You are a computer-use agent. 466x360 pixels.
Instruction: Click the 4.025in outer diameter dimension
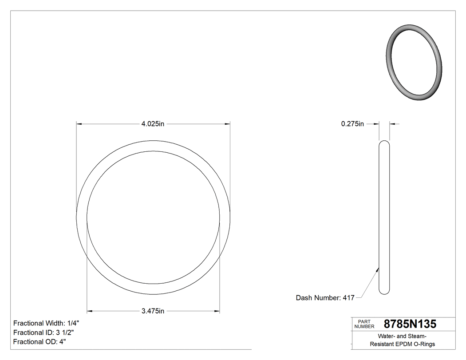(x=153, y=124)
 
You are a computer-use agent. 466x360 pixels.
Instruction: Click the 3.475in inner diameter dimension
(x=153, y=311)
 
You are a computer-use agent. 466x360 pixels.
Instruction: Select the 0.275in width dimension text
(x=352, y=124)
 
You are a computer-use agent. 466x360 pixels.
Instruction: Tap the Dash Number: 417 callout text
(x=325, y=298)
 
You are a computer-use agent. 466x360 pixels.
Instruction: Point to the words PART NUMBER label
(x=364, y=324)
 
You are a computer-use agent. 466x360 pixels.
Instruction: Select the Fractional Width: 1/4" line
(x=46, y=323)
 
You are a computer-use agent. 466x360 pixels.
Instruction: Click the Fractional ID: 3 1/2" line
(x=43, y=332)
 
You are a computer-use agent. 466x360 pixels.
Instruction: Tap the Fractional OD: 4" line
(x=39, y=342)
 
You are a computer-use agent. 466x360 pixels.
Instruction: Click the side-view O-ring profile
(x=384, y=218)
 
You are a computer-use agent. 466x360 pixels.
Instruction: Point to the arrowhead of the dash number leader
(x=378, y=268)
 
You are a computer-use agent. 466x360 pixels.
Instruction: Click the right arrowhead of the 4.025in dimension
(x=227, y=124)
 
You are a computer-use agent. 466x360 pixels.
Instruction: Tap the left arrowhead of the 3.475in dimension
(x=89, y=311)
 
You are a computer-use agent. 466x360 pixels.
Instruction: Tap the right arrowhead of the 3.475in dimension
(x=217, y=311)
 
